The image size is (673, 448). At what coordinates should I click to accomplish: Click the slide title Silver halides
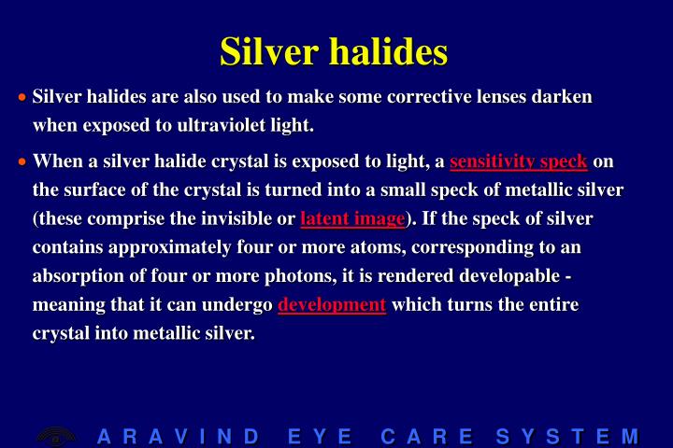[334, 51]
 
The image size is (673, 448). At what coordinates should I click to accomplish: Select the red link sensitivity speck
[518, 162]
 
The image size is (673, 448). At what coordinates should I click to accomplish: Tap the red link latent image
[352, 220]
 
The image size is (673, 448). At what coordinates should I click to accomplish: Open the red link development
[332, 305]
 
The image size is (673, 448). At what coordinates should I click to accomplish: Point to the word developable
[517, 277]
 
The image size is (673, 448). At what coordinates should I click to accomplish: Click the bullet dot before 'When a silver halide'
[22, 162]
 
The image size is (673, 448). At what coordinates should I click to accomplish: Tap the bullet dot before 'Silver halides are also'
[22, 97]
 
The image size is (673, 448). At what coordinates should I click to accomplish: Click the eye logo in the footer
[56, 436]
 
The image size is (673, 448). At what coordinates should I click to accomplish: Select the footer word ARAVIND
[178, 436]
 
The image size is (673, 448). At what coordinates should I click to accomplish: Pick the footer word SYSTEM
[567, 436]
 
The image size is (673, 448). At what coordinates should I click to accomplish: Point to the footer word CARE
[426, 436]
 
